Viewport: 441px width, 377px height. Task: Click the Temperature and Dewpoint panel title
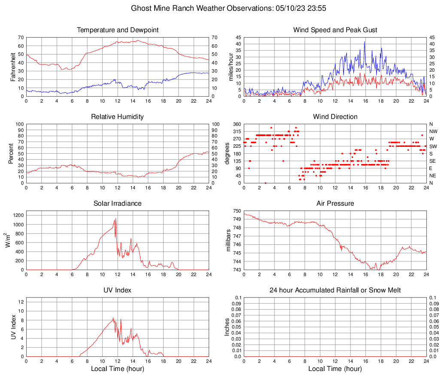tap(118, 30)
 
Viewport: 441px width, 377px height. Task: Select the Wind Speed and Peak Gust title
tap(335, 30)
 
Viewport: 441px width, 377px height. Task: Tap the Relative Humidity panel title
tap(118, 117)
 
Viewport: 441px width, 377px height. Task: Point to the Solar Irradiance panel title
tap(118, 204)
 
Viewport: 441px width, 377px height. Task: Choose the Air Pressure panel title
tap(335, 204)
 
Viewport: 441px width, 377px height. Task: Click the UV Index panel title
tap(118, 290)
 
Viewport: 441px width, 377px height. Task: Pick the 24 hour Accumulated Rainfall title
tap(335, 290)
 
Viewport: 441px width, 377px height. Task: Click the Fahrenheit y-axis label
tap(13, 67)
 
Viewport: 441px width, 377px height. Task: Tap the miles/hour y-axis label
tap(231, 67)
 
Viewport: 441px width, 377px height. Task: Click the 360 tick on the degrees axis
tap(235, 124)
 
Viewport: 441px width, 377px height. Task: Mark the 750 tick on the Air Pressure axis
tap(236, 211)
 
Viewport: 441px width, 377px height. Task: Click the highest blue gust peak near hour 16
tap(365, 42)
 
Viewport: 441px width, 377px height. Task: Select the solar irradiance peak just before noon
tap(115, 219)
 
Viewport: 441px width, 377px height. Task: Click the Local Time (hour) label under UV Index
tap(118, 369)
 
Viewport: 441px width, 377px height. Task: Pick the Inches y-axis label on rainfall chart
tap(228, 327)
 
